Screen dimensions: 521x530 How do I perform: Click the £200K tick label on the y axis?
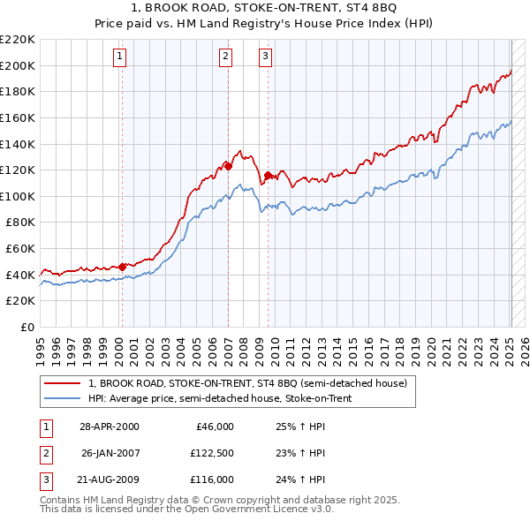point(19,65)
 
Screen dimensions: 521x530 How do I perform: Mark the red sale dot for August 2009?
point(268,175)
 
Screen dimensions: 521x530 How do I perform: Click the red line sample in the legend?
point(61,384)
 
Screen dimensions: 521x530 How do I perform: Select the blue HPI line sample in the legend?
point(61,399)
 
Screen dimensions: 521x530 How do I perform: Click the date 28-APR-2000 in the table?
point(110,427)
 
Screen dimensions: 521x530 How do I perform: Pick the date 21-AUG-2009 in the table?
point(110,479)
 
